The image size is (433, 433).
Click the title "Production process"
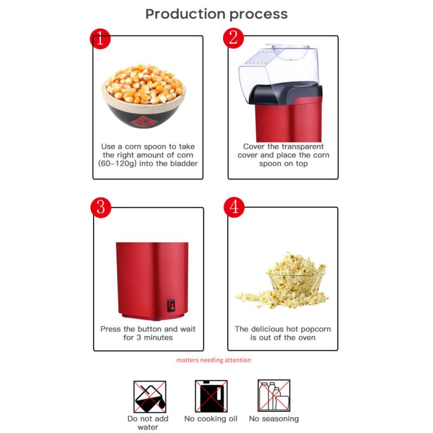216,14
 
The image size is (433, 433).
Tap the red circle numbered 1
100,38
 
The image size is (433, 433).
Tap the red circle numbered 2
233,37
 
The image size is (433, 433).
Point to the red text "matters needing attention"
213,360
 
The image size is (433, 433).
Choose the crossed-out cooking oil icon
211,396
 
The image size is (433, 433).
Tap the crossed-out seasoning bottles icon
273,396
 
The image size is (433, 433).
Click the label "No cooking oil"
211,419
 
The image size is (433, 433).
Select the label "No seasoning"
273,419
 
